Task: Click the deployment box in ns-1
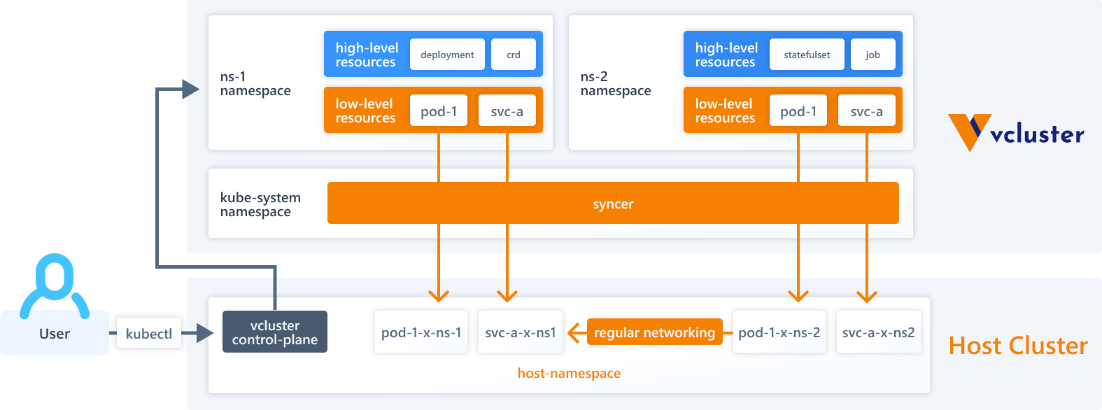coord(447,55)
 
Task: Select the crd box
coord(514,55)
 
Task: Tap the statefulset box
coord(807,55)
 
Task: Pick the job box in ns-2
coord(873,55)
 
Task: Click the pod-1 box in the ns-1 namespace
coord(439,111)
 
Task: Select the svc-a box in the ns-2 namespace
coord(866,111)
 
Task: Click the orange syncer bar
coord(613,204)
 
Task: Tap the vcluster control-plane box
coord(275,332)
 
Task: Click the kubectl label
coord(149,334)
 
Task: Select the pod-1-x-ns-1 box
coord(421,332)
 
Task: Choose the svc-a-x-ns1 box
coord(521,332)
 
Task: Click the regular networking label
coord(654,332)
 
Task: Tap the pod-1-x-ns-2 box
coord(779,332)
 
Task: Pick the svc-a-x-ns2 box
coord(878,332)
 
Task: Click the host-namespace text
coord(569,373)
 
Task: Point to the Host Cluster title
coord(1017,346)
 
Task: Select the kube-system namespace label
coord(260,204)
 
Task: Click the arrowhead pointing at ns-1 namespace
coord(190,89)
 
